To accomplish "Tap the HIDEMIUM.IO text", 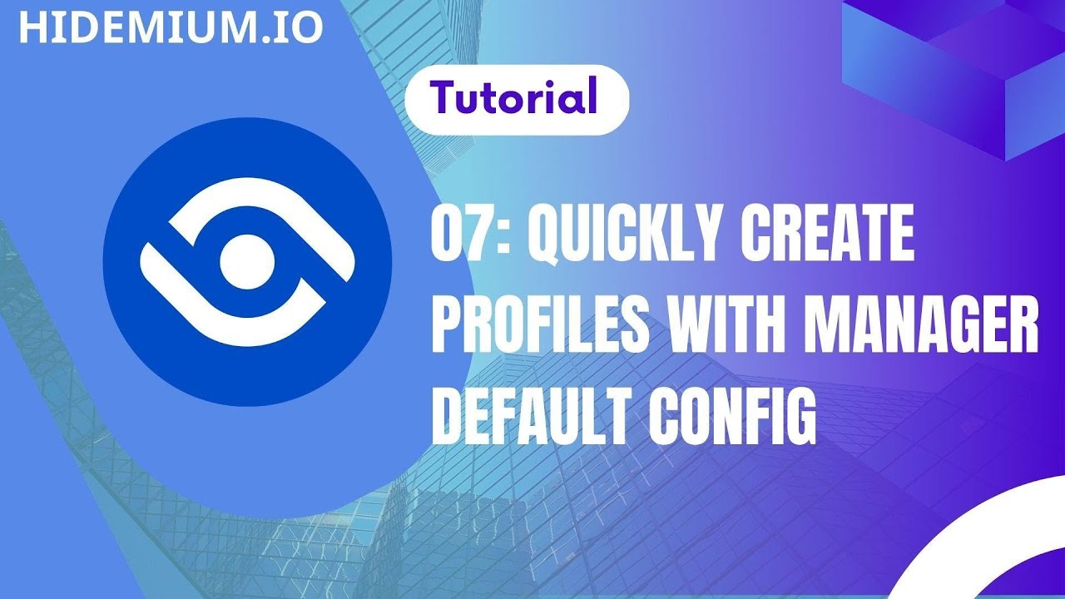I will [x=171, y=27].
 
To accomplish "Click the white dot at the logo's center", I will [x=247, y=260].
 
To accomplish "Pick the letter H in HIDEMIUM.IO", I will [x=32, y=27].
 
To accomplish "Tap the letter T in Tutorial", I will [x=443, y=97].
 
